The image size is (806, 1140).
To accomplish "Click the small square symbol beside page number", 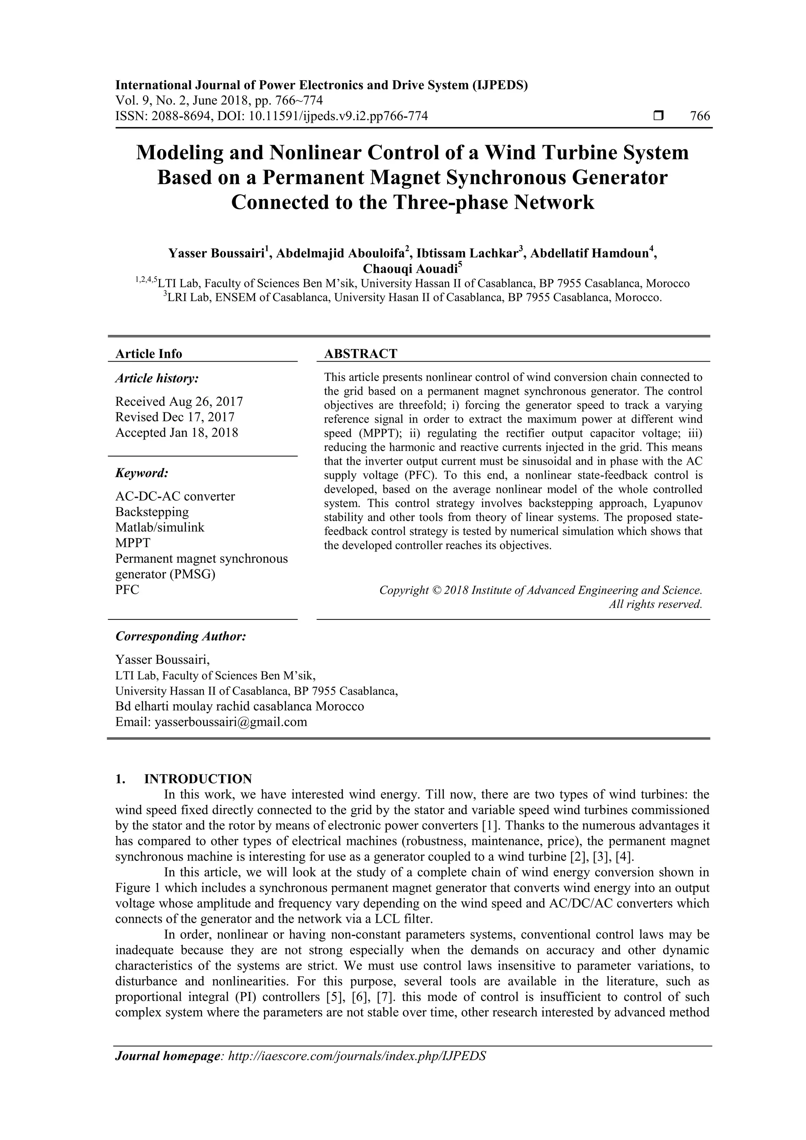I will coord(658,116).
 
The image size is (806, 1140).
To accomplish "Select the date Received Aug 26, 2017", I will coord(179,401).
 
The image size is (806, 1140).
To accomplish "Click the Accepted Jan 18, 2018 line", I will coord(176,432).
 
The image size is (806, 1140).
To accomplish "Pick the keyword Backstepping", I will coord(152,512).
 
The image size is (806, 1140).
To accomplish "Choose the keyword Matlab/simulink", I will coord(159,527).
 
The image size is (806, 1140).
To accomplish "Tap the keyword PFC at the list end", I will coord(127,589).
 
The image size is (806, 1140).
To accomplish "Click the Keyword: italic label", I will coord(142,473).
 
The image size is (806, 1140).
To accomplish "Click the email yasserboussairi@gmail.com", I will coord(231,722).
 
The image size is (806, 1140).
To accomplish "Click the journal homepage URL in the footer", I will coord(356,1056).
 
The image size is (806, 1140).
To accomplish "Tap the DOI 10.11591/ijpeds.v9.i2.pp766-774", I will coord(338,116).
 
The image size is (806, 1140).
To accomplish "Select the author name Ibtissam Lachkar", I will coord(467,254).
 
